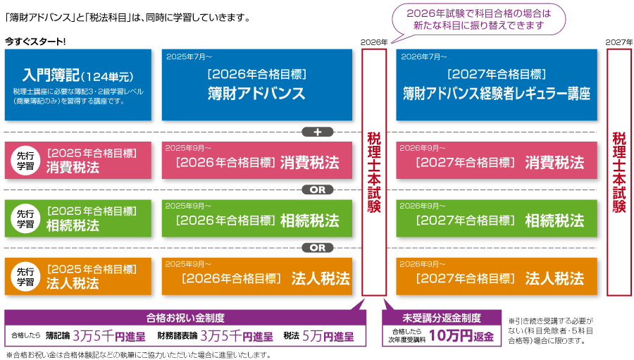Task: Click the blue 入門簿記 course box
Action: coord(78,85)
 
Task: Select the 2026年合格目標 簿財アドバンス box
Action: coord(256,85)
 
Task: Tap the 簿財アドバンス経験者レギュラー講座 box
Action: coord(497,85)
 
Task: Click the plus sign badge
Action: coord(318,132)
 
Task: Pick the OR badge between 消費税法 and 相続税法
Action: coord(318,190)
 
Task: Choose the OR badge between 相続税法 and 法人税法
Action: coord(318,247)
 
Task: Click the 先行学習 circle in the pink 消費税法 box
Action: coord(25,161)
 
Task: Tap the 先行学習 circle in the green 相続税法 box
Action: coord(25,219)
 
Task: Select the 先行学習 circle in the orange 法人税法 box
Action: coord(25,277)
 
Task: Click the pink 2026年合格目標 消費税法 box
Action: coord(256,160)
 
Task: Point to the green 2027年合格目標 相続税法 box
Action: coord(497,218)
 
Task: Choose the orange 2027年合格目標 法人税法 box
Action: coord(497,277)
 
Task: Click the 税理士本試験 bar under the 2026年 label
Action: coord(374,173)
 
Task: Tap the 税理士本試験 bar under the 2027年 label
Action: coord(619,173)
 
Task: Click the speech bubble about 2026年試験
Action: coord(479,20)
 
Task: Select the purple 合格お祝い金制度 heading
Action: coord(185,318)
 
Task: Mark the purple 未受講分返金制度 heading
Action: coord(442,318)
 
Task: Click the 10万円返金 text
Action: coord(461,336)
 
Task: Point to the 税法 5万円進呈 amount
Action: coord(318,336)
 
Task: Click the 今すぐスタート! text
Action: coord(35,42)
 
